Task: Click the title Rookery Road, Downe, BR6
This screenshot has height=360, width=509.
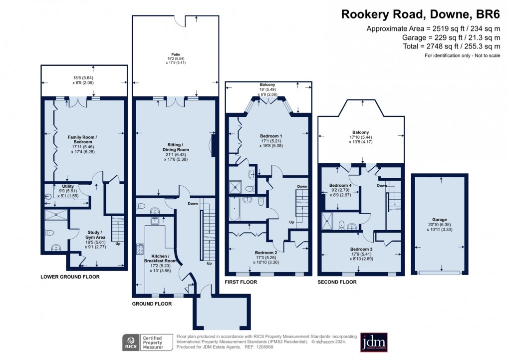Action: click(x=420, y=14)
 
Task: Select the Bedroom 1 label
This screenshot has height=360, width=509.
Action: click(x=271, y=136)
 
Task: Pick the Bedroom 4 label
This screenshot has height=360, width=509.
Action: click(x=340, y=185)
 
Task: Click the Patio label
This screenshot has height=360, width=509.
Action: click(x=175, y=54)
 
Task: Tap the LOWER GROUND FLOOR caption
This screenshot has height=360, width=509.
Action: click(x=70, y=277)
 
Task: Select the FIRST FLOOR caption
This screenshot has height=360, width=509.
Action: click(x=241, y=282)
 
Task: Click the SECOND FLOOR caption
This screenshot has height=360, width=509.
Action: click(x=337, y=282)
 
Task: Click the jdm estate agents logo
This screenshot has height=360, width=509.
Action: click(x=373, y=342)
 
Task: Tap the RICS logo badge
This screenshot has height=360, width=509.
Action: click(x=131, y=343)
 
